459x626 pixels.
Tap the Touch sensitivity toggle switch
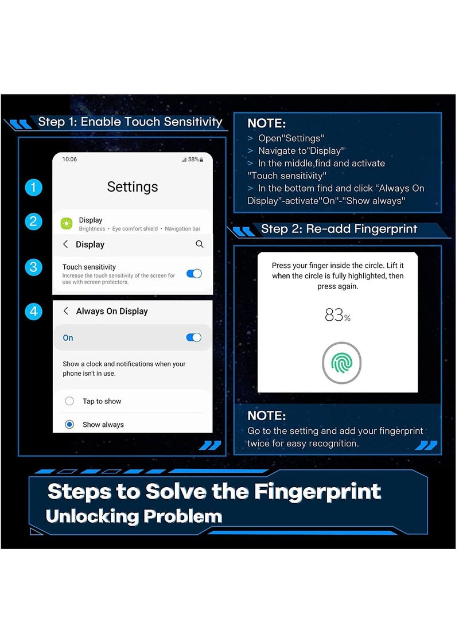(194, 274)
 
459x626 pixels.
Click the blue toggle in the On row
(194, 337)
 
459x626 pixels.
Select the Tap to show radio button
(69, 401)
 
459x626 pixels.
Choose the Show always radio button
(69, 424)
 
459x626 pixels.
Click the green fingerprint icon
(341, 363)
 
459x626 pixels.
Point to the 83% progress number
(338, 315)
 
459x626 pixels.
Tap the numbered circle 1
(33, 187)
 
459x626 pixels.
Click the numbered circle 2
(33, 221)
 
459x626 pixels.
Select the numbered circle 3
(33, 267)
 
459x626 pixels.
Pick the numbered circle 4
(33, 312)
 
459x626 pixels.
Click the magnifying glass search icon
(200, 244)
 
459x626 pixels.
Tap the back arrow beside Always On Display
(66, 311)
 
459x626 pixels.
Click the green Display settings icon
(67, 224)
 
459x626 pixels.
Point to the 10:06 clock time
(69, 160)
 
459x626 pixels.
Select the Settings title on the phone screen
(133, 187)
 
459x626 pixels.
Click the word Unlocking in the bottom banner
(91, 516)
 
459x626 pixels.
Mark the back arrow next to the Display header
(65, 244)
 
